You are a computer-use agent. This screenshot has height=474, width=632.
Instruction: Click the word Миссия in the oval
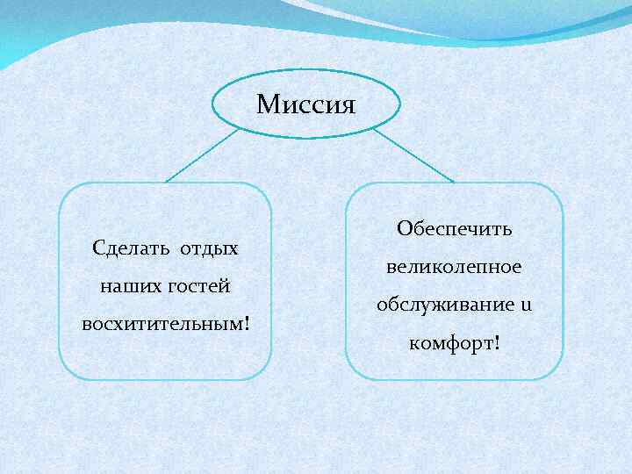coord(305,106)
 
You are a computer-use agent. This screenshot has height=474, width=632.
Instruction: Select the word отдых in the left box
coord(209,248)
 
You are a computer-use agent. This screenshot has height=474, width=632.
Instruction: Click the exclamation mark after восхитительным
coord(247,322)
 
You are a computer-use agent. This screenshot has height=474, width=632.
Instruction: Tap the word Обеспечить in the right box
coord(454,228)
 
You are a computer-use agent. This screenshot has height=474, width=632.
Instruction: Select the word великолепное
coord(454,266)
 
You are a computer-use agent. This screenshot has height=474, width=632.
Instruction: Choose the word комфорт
coord(450,342)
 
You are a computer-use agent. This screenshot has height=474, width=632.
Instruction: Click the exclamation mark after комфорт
coord(498,341)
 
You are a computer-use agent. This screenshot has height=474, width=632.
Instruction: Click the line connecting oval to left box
coord(203,155)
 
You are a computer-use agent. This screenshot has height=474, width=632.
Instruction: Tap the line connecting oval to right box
coord(413,156)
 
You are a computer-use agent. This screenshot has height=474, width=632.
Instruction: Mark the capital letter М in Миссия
coord(267,106)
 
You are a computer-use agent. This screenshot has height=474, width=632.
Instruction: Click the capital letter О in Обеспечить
coord(404,228)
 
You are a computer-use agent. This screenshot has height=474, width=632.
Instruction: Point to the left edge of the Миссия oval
coord(213,104)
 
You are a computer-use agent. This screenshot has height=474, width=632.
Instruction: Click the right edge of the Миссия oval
coord(400,104)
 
